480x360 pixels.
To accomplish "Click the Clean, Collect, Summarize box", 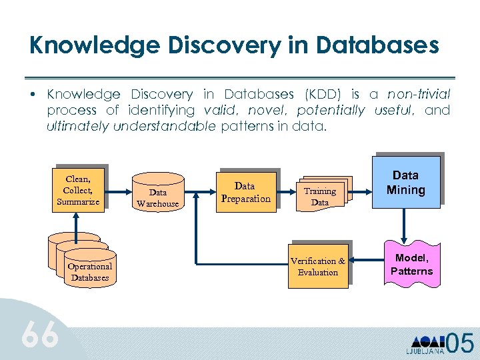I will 78,190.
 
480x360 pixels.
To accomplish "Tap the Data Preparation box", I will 246,192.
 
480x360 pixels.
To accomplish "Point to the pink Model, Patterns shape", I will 411,265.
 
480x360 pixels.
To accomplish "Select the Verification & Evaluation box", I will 318,266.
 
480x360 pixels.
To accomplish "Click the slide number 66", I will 41,335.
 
